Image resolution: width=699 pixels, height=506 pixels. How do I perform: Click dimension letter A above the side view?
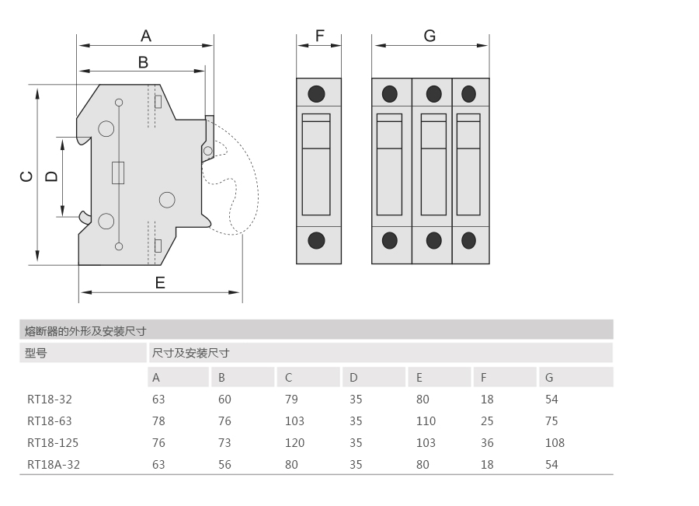tap(145, 36)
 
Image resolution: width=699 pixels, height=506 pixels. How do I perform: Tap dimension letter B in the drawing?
tap(143, 62)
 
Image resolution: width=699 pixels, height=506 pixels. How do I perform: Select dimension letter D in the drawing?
tap(51, 176)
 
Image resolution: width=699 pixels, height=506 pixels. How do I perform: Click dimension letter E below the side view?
tap(160, 282)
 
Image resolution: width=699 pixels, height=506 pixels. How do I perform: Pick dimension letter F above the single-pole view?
tap(319, 36)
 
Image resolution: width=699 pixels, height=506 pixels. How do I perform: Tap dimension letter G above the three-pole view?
tap(429, 36)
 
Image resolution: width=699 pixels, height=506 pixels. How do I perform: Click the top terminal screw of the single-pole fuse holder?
tap(317, 94)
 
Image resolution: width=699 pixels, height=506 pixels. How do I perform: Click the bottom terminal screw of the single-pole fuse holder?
tap(317, 240)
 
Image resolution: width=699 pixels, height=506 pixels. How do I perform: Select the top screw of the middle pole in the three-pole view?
tap(433, 94)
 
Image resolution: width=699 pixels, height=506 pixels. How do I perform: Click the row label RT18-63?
tap(49, 421)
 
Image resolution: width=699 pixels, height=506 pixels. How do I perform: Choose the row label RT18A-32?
tap(53, 465)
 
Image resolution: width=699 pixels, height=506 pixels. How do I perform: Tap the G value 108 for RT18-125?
tap(555, 443)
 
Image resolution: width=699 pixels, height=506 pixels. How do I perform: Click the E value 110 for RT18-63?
tap(426, 421)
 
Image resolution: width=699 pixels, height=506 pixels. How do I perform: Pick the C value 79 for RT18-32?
tap(290, 400)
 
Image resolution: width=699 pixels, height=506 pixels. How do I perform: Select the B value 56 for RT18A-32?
tap(224, 465)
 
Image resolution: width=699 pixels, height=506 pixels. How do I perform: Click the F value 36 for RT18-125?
tap(487, 443)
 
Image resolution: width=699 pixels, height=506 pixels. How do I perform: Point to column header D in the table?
tap(353, 378)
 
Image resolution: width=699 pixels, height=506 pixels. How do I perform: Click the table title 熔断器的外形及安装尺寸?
tap(85, 330)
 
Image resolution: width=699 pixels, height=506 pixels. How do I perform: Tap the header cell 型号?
tap(36, 353)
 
